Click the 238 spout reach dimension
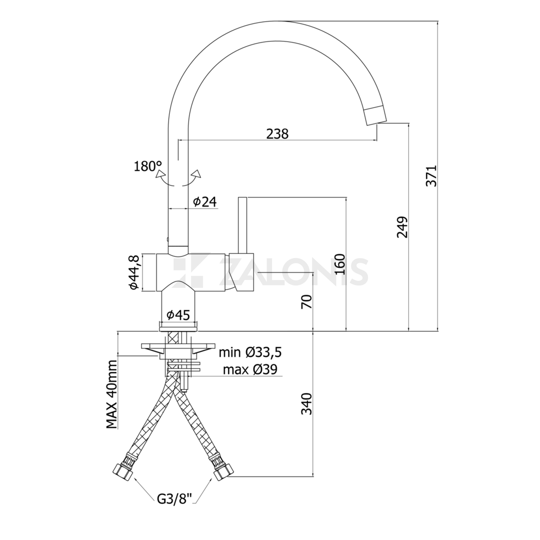tap(277, 134)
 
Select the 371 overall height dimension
tap(431, 176)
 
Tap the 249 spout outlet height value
tap(402, 227)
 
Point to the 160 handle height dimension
tap(339, 264)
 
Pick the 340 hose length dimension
tap(306, 404)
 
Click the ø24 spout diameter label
tap(205, 202)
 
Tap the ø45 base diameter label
tap(178, 315)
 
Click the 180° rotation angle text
tap(148, 166)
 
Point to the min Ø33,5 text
tap(250, 352)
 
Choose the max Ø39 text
tap(250, 369)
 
